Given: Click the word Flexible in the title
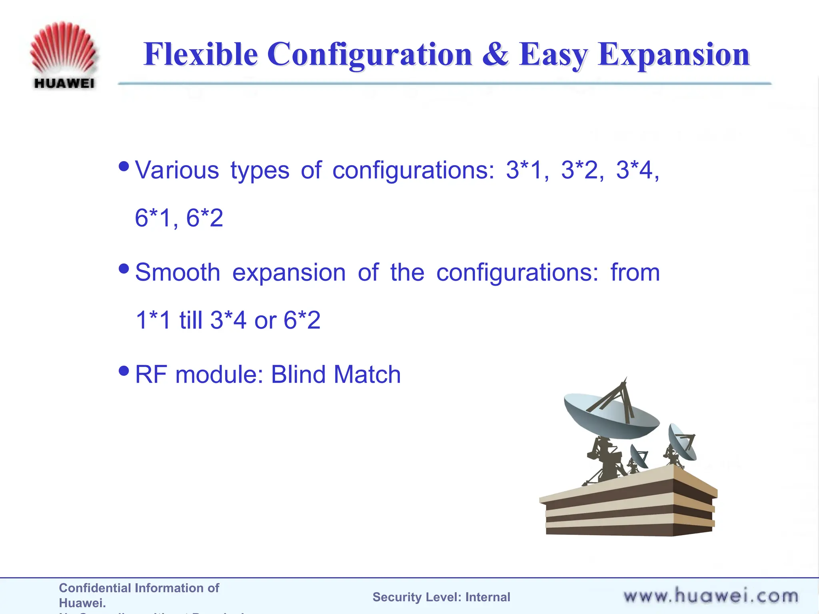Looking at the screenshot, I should pyautogui.click(x=200, y=54).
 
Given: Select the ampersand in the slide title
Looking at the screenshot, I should pyautogui.click(x=496, y=54).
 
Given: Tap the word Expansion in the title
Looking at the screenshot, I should pyautogui.click(x=673, y=55).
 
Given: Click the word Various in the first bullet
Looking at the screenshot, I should pyautogui.click(x=177, y=170).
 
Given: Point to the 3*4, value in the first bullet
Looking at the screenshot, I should pyautogui.click(x=637, y=170).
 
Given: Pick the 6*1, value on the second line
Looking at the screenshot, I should pyautogui.click(x=156, y=218).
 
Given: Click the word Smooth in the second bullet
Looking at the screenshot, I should pyautogui.click(x=178, y=273).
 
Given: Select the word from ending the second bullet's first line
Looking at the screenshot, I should pyautogui.click(x=635, y=273).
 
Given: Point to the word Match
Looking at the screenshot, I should pyautogui.click(x=367, y=375).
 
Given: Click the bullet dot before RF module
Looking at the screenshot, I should pyautogui.click(x=124, y=371).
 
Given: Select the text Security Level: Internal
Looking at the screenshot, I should pyautogui.click(x=441, y=597).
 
